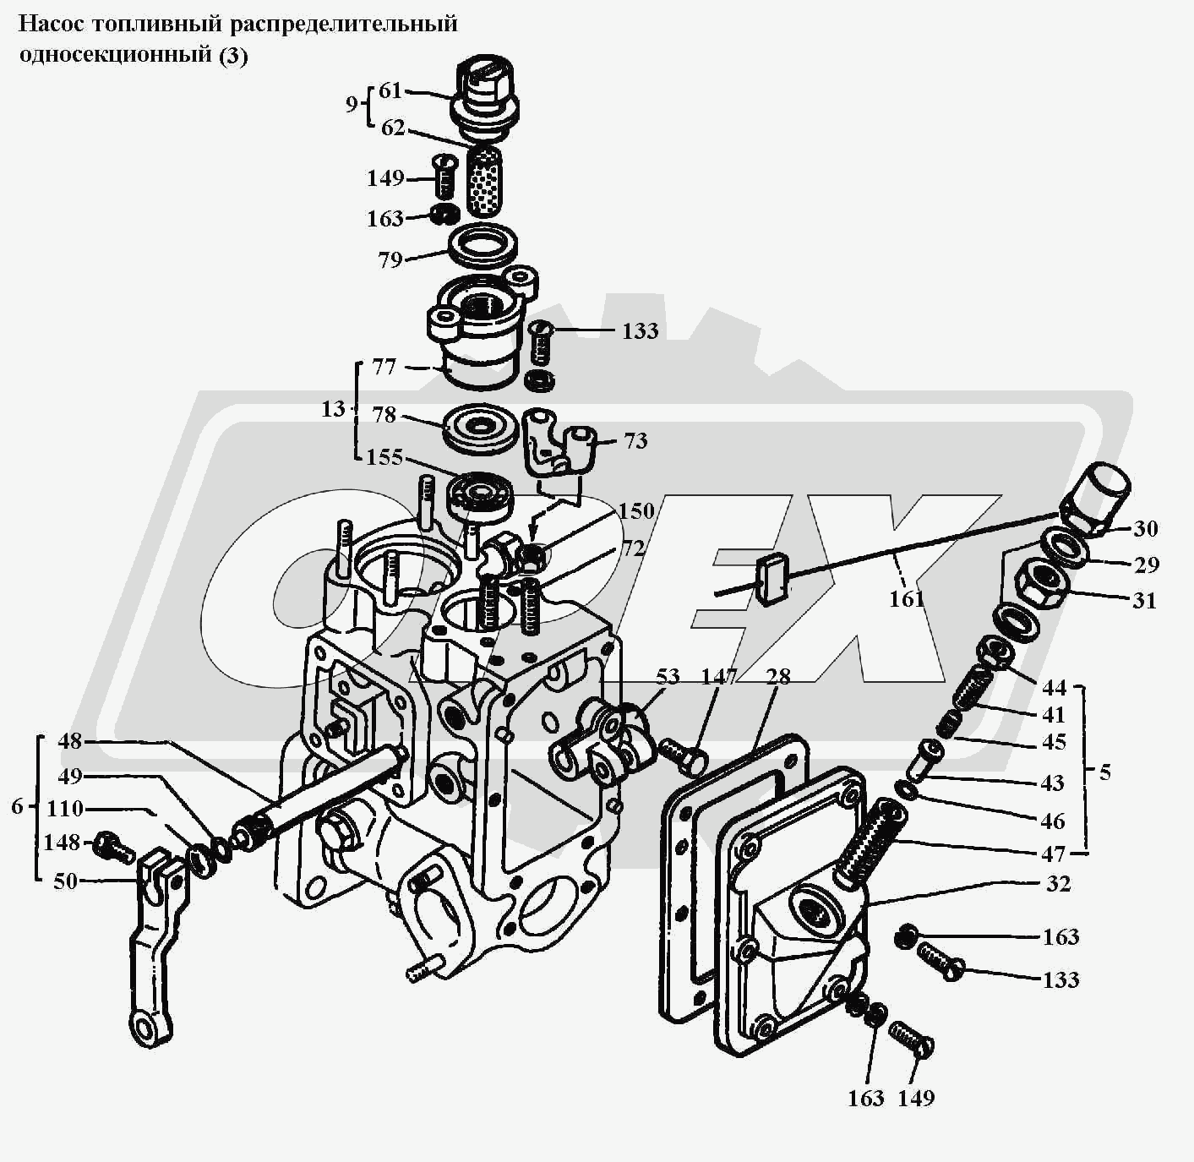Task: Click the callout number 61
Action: pyautogui.click(x=390, y=90)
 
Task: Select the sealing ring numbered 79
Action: pyautogui.click(x=483, y=247)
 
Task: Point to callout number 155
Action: pyautogui.click(x=384, y=457)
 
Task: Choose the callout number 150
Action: pyautogui.click(x=635, y=511)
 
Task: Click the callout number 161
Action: pyautogui.click(x=906, y=599)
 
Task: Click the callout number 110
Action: pyautogui.click(x=64, y=809)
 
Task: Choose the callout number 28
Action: pyautogui.click(x=777, y=676)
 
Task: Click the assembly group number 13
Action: pyautogui.click(x=333, y=409)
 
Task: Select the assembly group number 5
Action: pyautogui.click(x=1105, y=772)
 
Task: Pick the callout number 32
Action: pyautogui.click(x=1058, y=884)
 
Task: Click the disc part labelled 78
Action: pyautogui.click(x=480, y=428)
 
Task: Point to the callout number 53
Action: pyautogui.click(x=668, y=676)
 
